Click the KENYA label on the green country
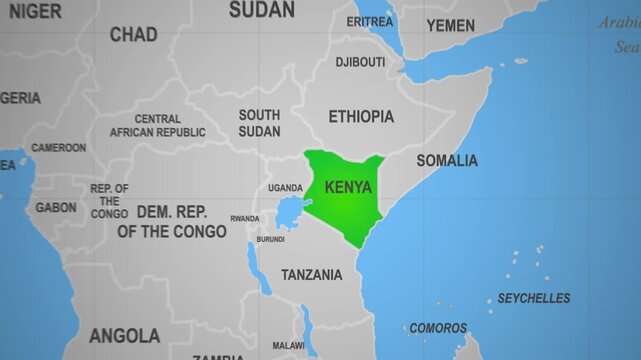click(x=348, y=187)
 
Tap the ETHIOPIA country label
click(x=361, y=116)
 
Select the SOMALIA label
click(x=447, y=160)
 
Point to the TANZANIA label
click(x=312, y=274)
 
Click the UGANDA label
click(x=285, y=188)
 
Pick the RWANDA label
click(x=244, y=218)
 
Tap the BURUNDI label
click(x=270, y=239)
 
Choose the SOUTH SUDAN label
click(x=259, y=123)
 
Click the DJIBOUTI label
click(x=360, y=62)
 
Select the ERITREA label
click(x=369, y=22)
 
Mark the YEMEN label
click(x=451, y=25)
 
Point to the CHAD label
click(x=133, y=35)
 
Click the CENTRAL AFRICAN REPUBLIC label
click(x=157, y=125)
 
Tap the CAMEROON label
click(x=58, y=147)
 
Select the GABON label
click(x=55, y=208)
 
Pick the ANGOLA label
click(x=124, y=335)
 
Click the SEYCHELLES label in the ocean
click(x=534, y=298)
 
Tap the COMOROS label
click(x=438, y=328)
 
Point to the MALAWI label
click(x=289, y=346)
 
